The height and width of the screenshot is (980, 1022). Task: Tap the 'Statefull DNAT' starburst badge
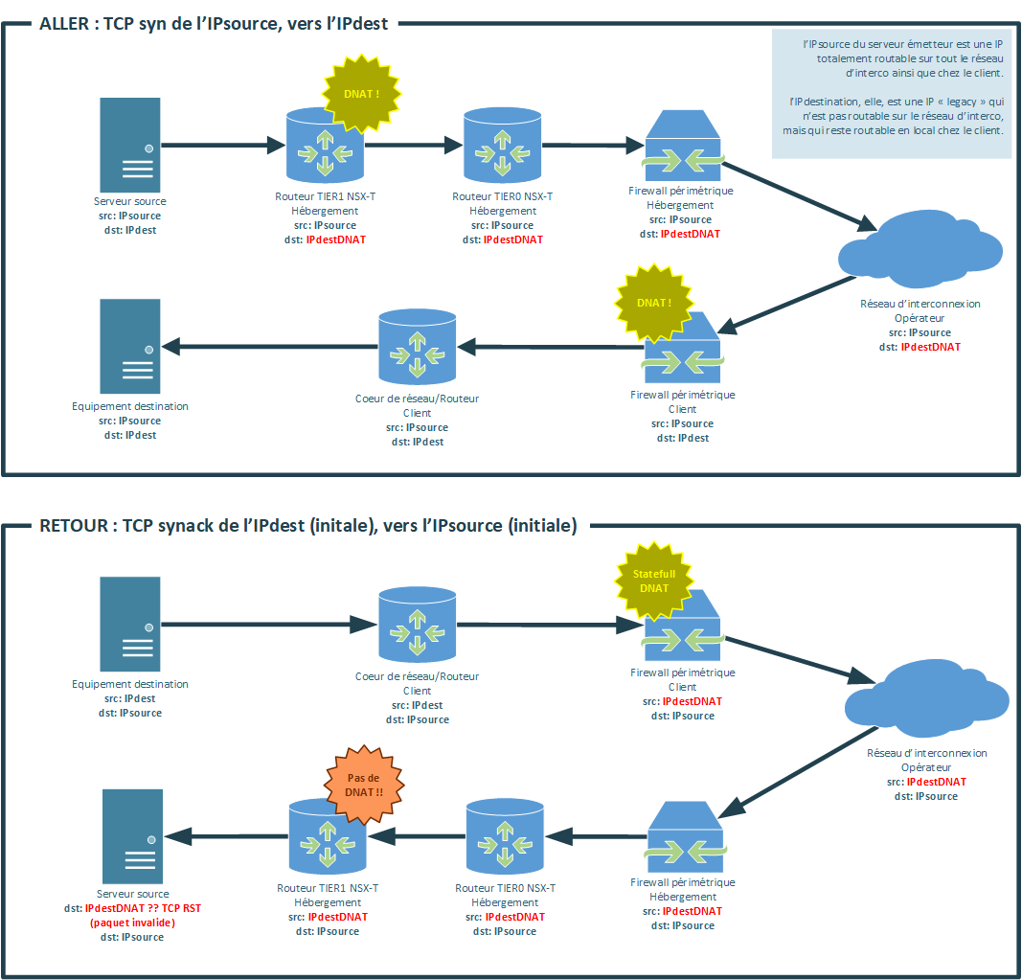[x=654, y=581]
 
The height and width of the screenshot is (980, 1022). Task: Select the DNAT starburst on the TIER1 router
[x=361, y=94]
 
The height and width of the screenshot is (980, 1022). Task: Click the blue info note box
[x=890, y=94]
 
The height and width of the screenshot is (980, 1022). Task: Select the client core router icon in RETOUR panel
[x=417, y=625]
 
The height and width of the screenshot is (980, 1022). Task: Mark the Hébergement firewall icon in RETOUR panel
[x=683, y=837]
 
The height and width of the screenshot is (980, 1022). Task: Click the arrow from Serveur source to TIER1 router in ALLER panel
[x=224, y=147]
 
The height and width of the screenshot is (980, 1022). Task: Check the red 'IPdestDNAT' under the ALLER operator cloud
[x=930, y=347]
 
